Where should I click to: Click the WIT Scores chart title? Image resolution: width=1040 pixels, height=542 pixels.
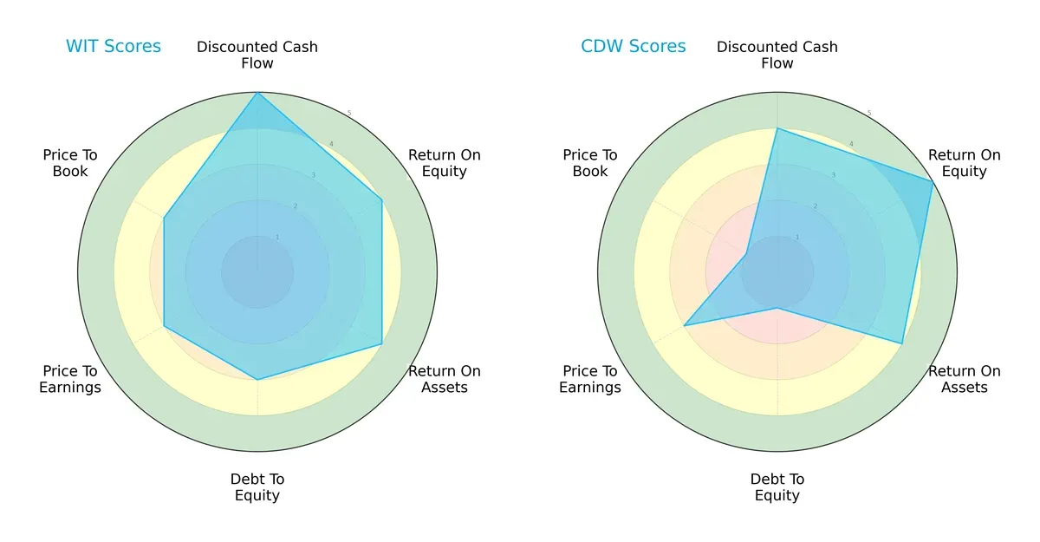click(x=114, y=46)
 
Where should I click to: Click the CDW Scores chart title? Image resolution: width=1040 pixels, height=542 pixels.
click(x=634, y=46)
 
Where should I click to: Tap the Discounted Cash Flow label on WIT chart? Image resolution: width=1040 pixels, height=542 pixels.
click(x=257, y=55)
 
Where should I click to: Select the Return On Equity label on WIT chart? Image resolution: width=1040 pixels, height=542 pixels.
click(x=444, y=163)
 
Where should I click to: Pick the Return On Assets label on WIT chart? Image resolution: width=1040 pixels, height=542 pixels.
click(x=444, y=379)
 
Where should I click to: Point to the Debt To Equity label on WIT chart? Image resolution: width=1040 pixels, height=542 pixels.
click(x=257, y=487)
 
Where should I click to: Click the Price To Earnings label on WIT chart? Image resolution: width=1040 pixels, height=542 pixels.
click(x=70, y=379)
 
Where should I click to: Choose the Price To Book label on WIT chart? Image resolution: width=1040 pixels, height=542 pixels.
click(x=70, y=163)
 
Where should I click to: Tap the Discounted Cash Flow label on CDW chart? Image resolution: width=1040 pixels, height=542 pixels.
click(x=777, y=55)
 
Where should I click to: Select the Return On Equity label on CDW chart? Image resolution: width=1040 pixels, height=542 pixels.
click(x=964, y=163)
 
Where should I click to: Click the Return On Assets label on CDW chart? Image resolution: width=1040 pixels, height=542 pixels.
click(x=964, y=379)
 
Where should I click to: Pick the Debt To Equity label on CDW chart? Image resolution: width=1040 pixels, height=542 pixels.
click(x=777, y=487)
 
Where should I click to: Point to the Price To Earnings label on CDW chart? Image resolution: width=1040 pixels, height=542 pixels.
click(x=590, y=379)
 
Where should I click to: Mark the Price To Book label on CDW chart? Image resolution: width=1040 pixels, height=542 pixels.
click(x=590, y=163)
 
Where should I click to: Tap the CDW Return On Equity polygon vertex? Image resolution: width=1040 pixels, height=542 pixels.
click(x=933, y=181)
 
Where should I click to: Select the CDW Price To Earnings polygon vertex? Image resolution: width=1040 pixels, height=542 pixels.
click(x=685, y=326)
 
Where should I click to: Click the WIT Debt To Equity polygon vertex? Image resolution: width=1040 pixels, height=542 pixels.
click(x=257, y=380)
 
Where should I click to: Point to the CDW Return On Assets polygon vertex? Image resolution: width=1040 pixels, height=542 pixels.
click(x=902, y=343)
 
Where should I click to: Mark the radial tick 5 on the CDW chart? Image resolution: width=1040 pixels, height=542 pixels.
click(x=869, y=114)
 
